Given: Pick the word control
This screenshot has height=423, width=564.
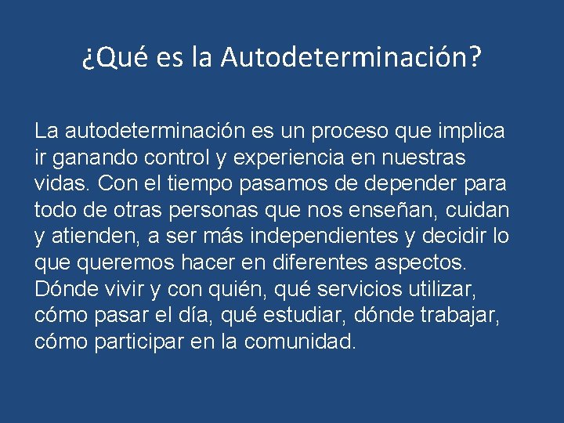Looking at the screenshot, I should pyautogui.click(x=175, y=157).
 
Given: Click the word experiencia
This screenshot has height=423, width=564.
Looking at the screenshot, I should pyautogui.click(x=287, y=157).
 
